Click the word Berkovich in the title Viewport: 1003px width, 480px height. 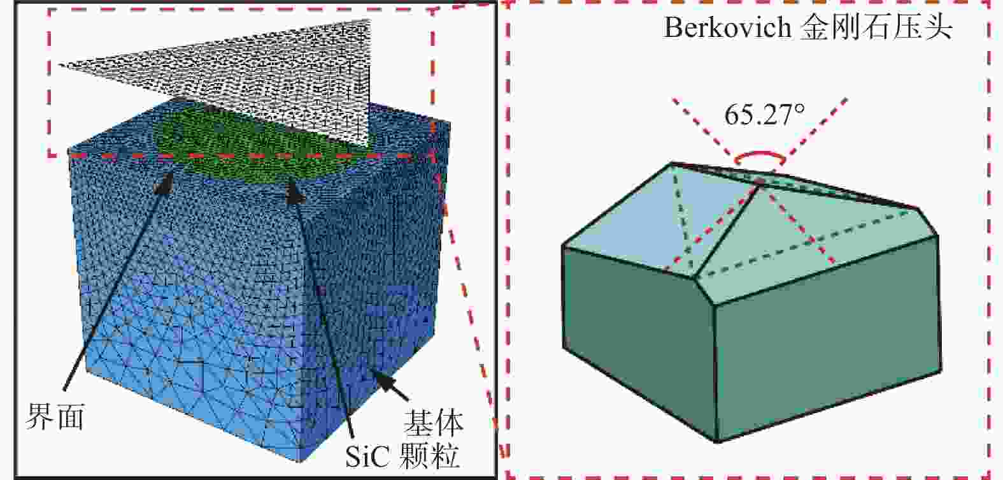[728, 28]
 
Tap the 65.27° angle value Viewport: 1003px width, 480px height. [764, 115]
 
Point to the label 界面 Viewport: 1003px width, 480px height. [55, 416]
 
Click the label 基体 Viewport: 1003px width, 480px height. [433, 423]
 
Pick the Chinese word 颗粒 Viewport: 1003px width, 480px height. [430, 456]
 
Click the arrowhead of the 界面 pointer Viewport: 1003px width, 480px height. [165, 184]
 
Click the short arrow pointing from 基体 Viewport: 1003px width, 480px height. [392, 386]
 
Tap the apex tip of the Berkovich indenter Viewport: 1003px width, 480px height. [760, 182]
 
